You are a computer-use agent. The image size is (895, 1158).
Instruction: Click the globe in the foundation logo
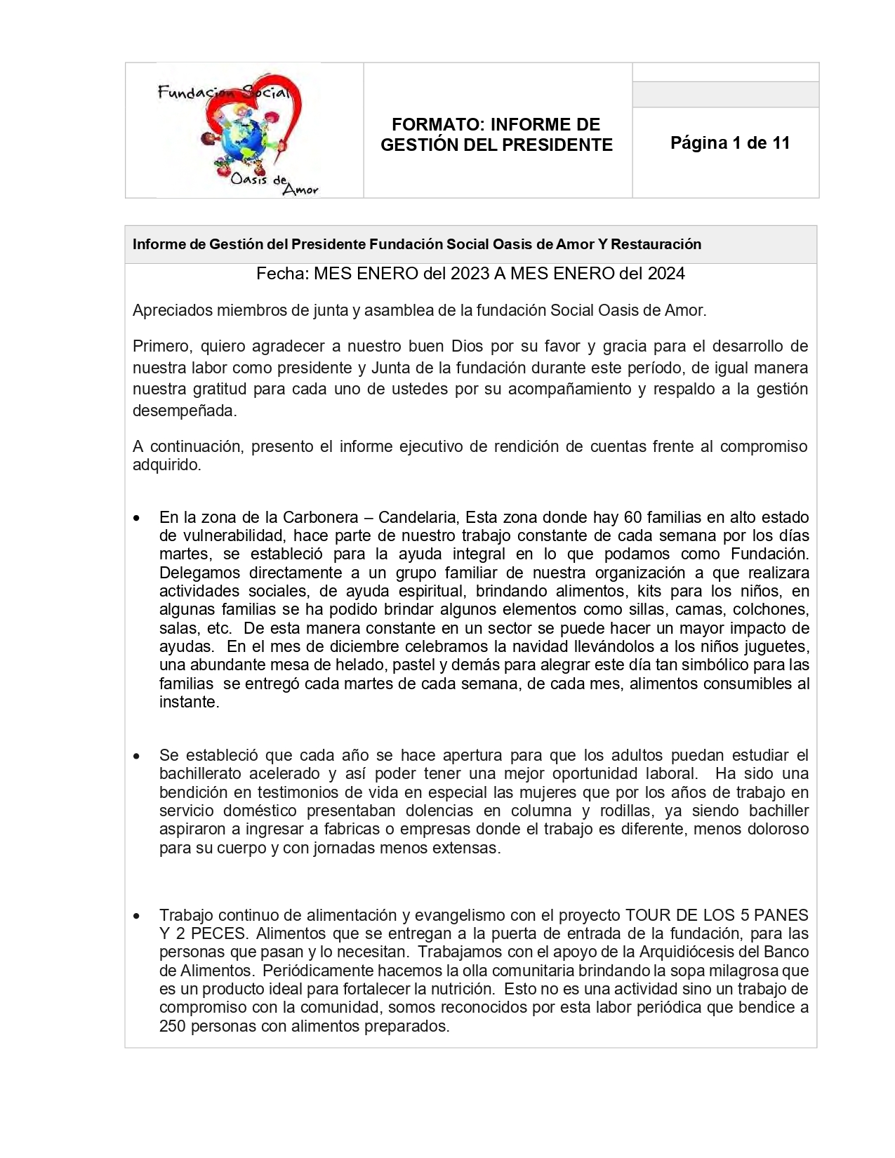pos(242,141)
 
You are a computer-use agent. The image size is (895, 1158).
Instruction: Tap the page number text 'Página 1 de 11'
pos(730,143)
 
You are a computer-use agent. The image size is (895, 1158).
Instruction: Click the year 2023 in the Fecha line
pos(470,274)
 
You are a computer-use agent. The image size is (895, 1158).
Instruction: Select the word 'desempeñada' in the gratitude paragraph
pos(184,411)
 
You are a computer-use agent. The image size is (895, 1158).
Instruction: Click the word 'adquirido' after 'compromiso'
pos(166,465)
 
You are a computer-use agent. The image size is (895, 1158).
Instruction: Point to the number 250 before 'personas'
pos(172,1026)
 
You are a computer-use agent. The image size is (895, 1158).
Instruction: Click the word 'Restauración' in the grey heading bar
pos(656,244)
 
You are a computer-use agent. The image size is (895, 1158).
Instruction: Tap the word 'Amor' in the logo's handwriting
pos(300,189)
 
